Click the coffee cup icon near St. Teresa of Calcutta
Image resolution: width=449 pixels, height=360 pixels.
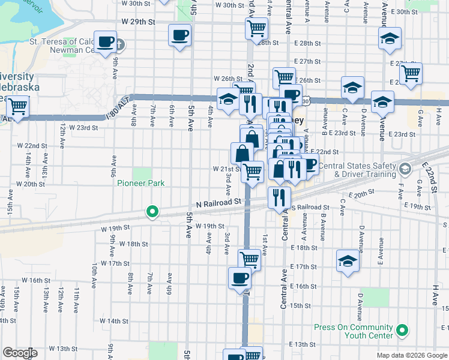(x=106, y=42)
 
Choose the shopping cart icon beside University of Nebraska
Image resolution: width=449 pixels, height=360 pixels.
(x=17, y=106)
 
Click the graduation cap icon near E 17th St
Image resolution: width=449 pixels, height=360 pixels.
(x=347, y=260)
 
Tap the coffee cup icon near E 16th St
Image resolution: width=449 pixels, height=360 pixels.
(x=240, y=278)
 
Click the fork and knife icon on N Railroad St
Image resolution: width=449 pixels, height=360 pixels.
(x=279, y=197)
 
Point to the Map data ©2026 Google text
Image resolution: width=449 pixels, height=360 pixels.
(x=412, y=355)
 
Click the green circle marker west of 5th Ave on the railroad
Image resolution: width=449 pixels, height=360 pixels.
(x=152, y=211)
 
